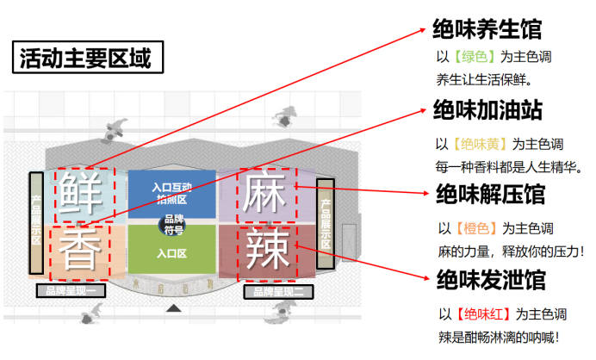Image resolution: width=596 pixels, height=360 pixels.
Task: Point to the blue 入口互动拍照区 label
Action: point(171,193)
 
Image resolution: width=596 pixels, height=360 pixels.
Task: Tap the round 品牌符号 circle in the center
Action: point(172,224)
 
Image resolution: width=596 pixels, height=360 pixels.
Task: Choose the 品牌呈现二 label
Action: point(277,291)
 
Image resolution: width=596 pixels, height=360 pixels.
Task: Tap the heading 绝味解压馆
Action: point(490,195)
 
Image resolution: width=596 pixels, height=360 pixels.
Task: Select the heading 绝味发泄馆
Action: point(490,279)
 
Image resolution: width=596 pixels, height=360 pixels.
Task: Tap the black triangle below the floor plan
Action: point(174,307)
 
